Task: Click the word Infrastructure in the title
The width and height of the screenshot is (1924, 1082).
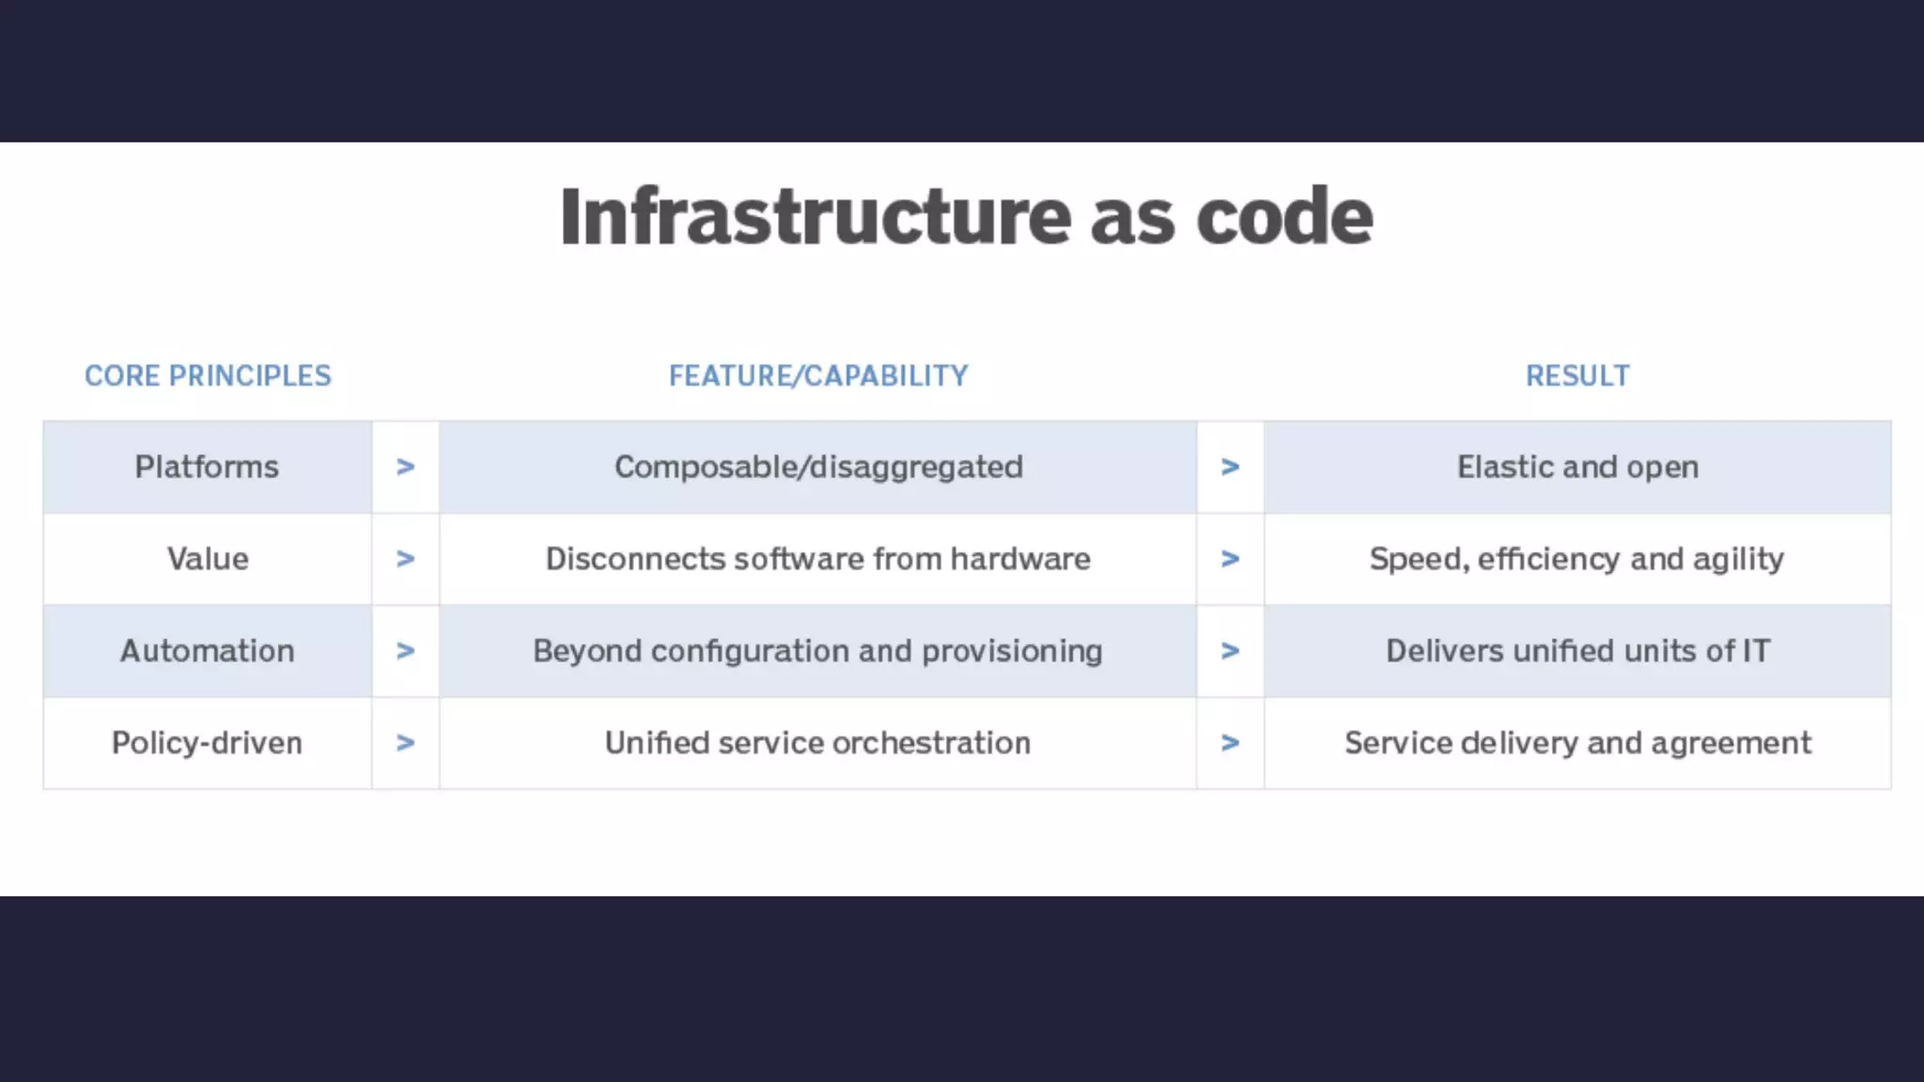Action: click(815, 217)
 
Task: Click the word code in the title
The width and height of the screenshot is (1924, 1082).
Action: click(1284, 217)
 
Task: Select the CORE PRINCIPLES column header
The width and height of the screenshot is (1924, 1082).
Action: click(208, 376)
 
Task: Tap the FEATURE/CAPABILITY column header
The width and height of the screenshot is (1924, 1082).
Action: click(818, 376)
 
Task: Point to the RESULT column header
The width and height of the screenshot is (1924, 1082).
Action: click(1577, 376)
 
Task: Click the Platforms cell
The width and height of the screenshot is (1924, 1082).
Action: click(207, 467)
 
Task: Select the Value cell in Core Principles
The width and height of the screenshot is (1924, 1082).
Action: click(208, 559)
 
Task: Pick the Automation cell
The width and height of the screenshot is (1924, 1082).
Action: click(207, 651)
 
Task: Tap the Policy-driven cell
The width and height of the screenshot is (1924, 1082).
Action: click(207, 743)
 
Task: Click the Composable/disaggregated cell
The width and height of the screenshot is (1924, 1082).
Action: click(818, 467)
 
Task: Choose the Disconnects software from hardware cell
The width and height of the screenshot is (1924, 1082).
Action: click(818, 559)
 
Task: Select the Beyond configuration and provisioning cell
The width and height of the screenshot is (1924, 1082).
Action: click(817, 651)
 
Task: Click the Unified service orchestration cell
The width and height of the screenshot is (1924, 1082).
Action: click(817, 743)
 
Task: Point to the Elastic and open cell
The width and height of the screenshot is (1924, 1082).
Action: click(1577, 467)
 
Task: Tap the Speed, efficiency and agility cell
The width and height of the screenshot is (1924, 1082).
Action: click(1576, 559)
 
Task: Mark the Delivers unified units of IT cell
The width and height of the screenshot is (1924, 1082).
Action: click(1577, 651)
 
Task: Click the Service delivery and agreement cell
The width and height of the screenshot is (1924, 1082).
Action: click(1577, 743)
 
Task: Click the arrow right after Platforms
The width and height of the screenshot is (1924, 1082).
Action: click(405, 467)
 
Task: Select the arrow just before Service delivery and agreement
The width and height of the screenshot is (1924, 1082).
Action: click(1230, 743)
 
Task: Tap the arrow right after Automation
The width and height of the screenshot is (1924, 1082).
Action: click(405, 651)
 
